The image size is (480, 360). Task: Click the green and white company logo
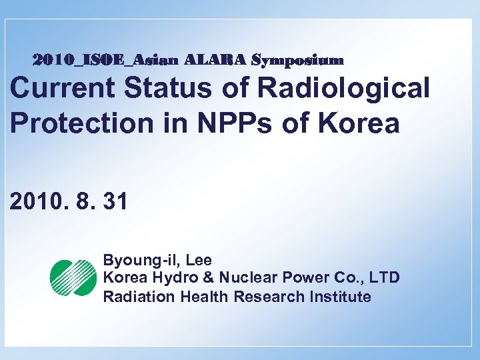pos(73,278)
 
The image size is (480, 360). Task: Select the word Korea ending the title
pos(365,124)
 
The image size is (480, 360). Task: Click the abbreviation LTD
pos(385,278)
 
